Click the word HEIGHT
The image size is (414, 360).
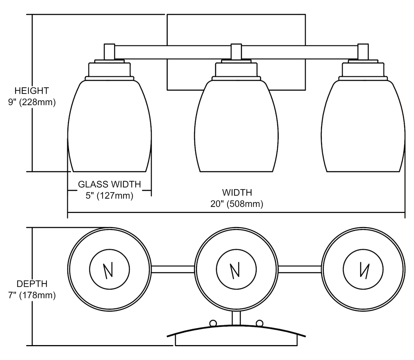point(32,90)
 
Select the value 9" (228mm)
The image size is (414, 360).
point(32,102)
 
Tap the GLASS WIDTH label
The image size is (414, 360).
point(110,184)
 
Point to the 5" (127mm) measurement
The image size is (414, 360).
point(110,196)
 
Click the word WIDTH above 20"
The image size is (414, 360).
point(237,192)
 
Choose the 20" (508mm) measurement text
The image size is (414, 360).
point(237,204)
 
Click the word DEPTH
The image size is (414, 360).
point(32,284)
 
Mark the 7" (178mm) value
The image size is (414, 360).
point(32,295)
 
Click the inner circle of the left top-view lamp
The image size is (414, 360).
point(110,269)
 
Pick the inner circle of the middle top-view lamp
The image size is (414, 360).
point(237,269)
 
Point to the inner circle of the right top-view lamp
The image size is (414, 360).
point(363,269)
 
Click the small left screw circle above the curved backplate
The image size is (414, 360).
point(213,323)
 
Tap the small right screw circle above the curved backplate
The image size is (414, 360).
point(259,323)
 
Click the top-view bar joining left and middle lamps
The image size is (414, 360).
point(173,269)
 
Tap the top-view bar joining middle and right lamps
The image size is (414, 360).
point(300,269)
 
